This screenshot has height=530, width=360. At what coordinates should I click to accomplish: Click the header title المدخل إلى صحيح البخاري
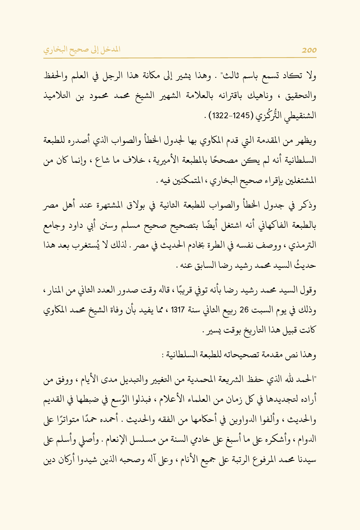82,50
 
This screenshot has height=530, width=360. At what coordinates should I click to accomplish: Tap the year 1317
178,310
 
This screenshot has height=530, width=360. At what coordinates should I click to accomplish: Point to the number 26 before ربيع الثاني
244,310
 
